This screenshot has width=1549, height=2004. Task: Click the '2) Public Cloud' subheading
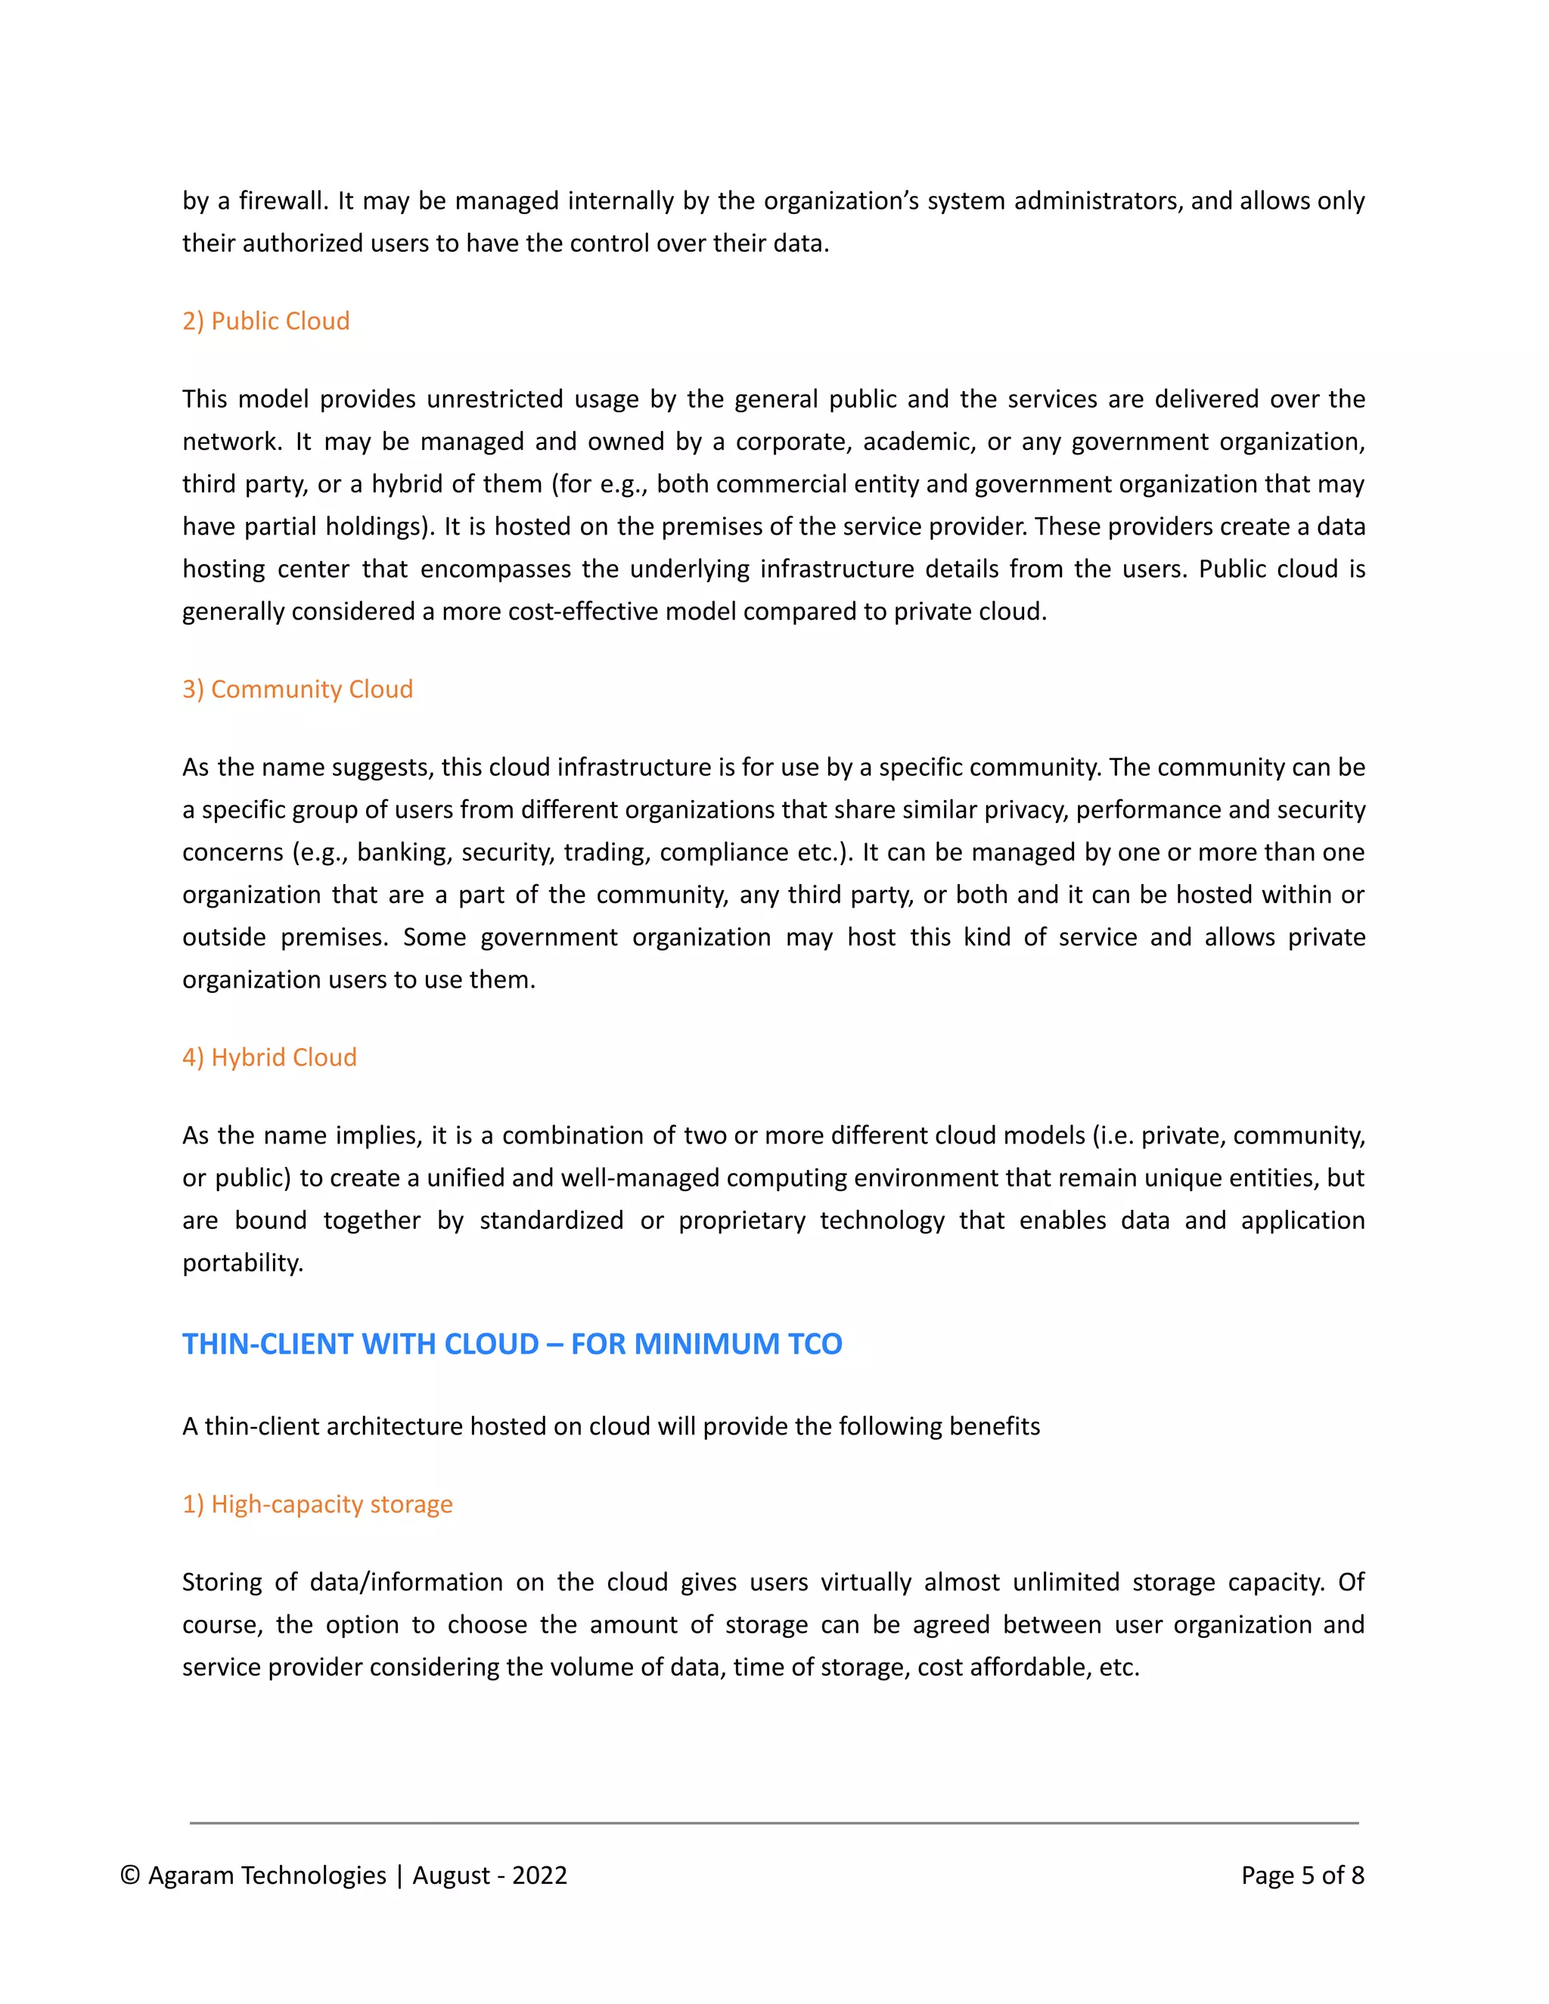click(x=265, y=321)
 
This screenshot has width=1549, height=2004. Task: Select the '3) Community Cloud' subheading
click(x=297, y=689)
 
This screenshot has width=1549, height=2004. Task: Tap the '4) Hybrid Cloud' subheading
click(x=269, y=1057)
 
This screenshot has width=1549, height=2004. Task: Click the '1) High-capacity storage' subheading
click(x=317, y=1504)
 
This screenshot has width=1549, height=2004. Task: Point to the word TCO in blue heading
click(x=813, y=1345)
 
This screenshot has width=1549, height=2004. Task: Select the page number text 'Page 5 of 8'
click(x=1302, y=1875)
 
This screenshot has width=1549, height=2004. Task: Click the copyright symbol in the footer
click(x=130, y=1875)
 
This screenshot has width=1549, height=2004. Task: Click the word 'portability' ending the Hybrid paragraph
click(x=241, y=1264)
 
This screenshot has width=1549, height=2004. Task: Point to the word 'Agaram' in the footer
click(x=190, y=1875)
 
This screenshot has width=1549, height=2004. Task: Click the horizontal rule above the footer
click(x=774, y=1823)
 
